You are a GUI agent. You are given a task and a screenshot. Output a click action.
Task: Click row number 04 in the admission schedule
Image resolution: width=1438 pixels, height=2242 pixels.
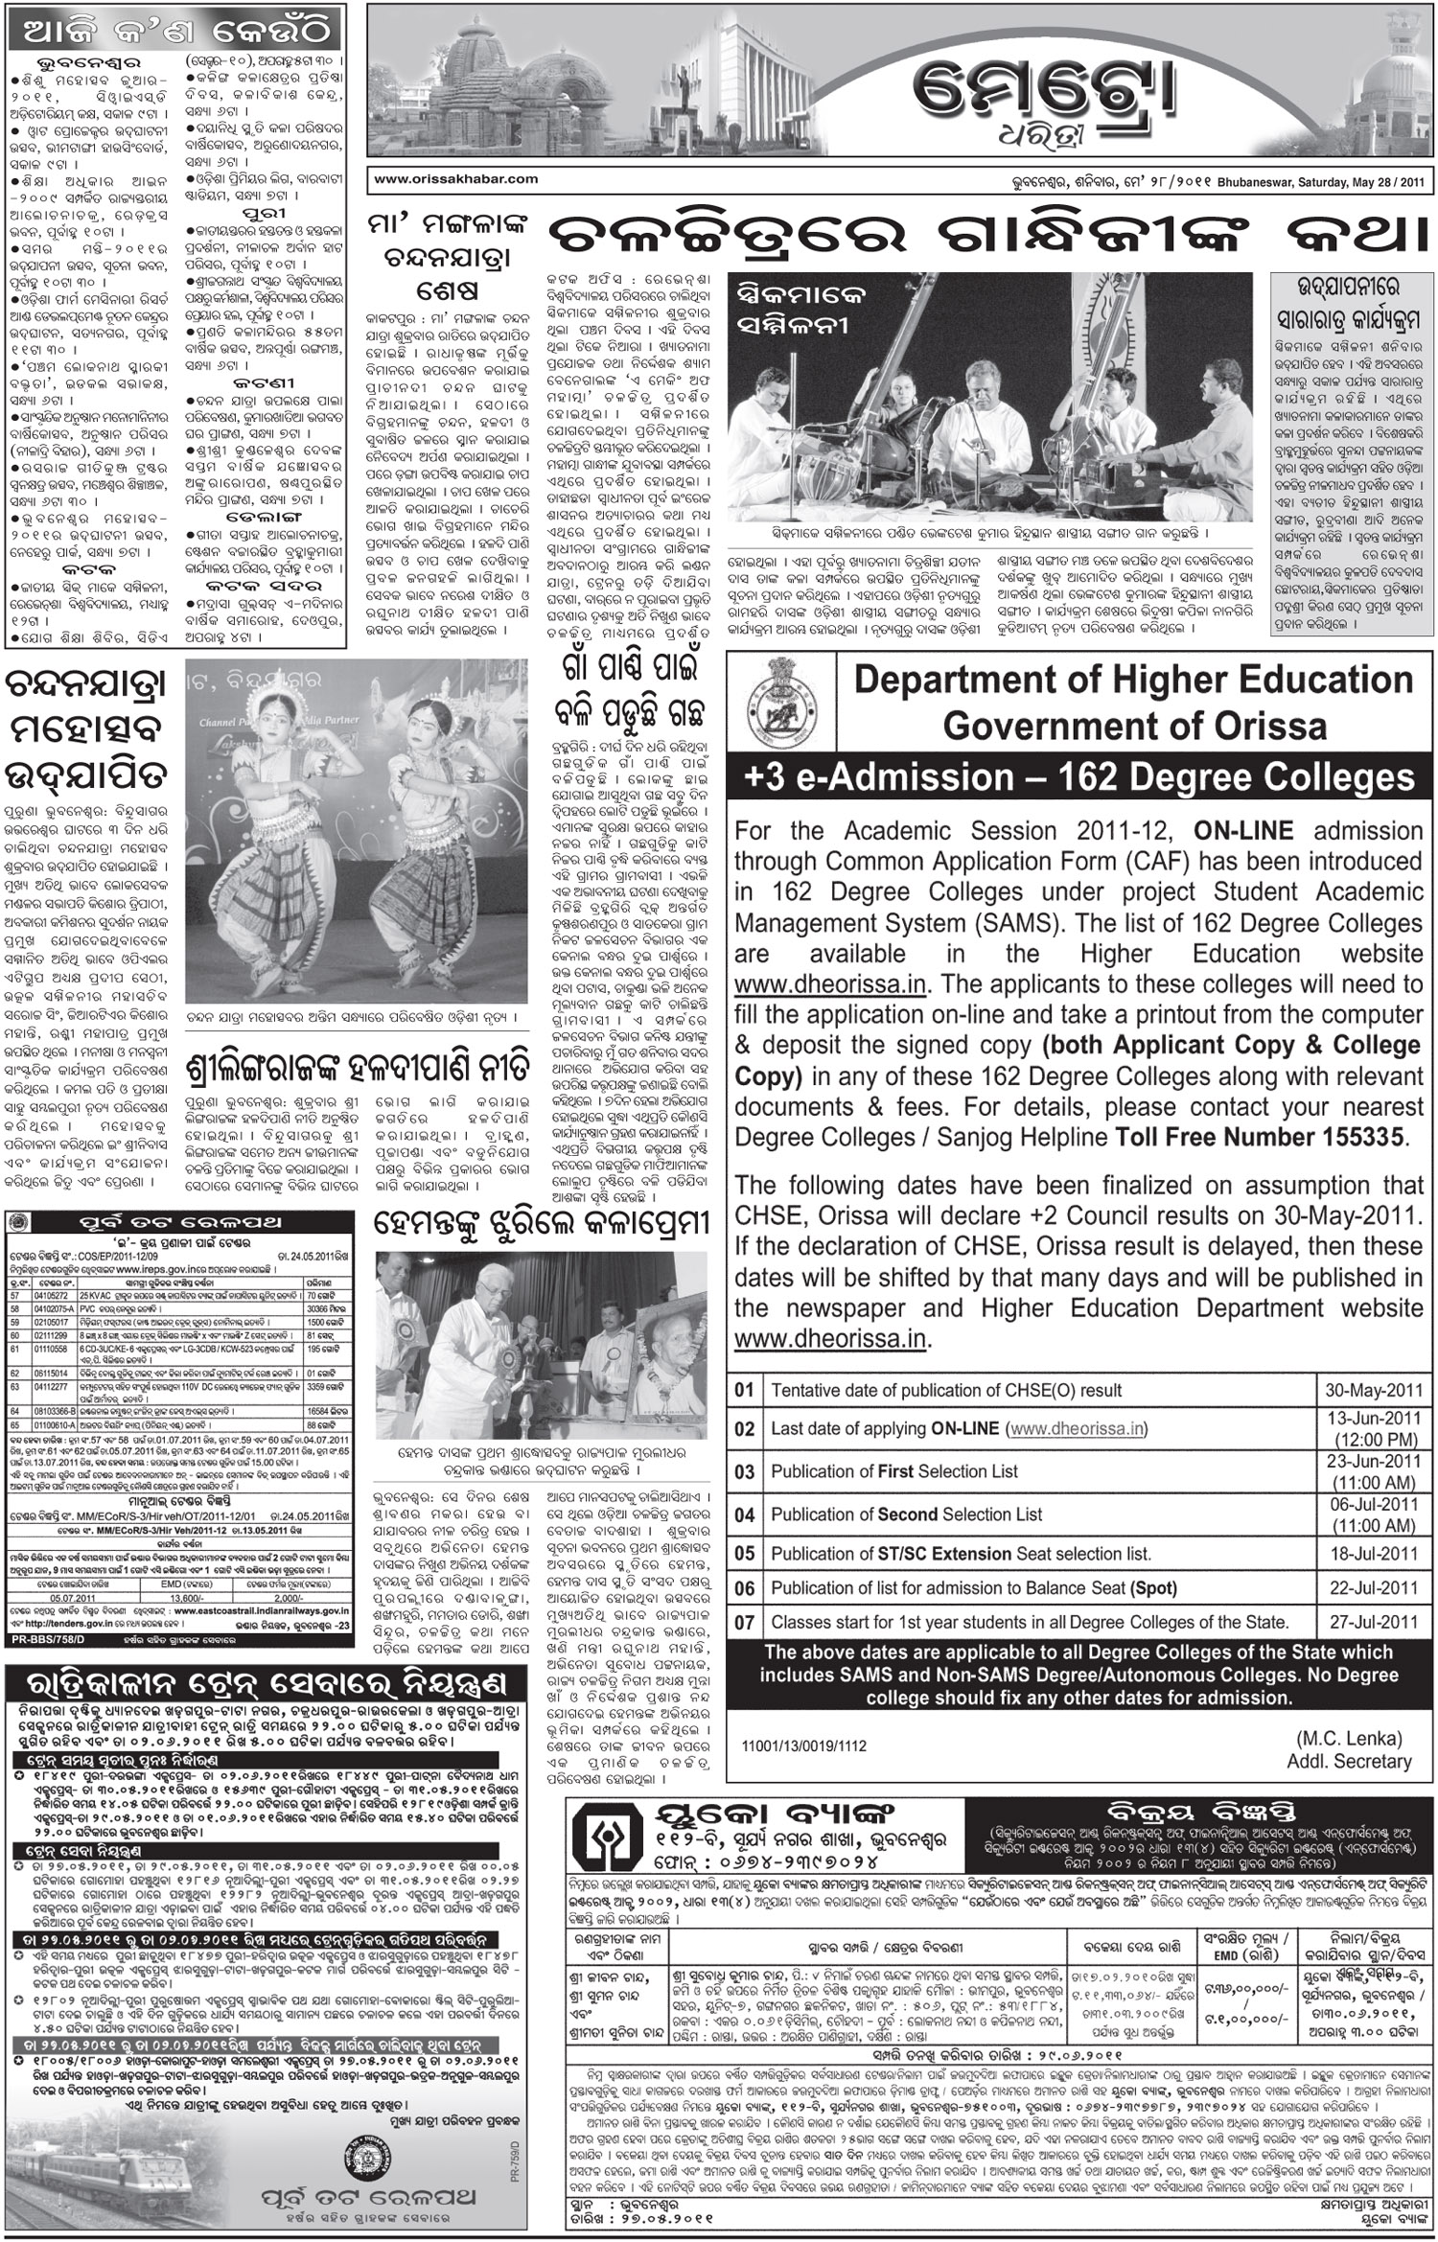tap(745, 1514)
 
